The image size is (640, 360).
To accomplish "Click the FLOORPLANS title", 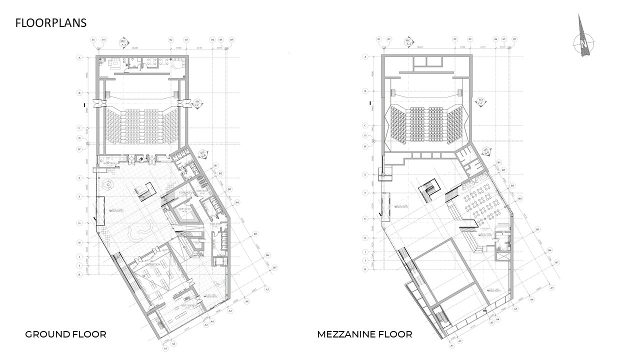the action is pyautogui.click(x=51, y=23).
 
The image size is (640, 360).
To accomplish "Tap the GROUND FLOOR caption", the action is pyautogui.click(x=65, y=334).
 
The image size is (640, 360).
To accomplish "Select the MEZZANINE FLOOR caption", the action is pyautogui.click(x=364, y=334).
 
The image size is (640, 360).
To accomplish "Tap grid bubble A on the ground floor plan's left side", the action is pyautogui.click(x=79, y=58).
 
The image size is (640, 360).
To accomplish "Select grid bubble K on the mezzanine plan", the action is pyautogui.click(x=365, y=269).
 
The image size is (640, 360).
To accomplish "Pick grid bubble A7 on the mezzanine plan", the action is pyautogui.click(x=551, y=288).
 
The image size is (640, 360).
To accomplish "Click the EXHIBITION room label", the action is pyautogui.click(x=152, y=264).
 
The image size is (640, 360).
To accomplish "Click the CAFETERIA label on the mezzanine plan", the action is pyautogui.click(x=485, y=227).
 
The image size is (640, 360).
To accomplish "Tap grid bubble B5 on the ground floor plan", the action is pyautogui.click(x=255, y=233).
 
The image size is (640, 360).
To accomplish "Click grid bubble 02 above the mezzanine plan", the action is pyautogui.click(x=455, y=39).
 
